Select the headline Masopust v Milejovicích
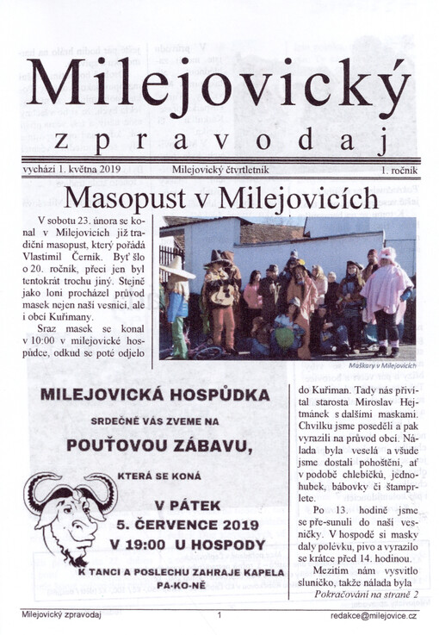tap(221, 198)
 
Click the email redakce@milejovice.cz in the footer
tap(374, 616)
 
